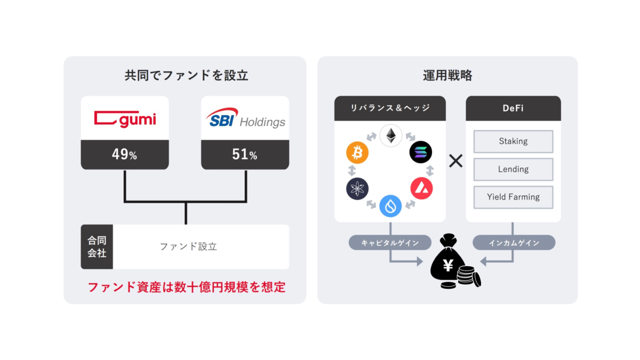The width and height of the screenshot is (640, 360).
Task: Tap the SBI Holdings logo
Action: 245,118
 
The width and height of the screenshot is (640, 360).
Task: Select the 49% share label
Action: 125,155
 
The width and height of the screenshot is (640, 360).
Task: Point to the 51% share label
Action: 245,155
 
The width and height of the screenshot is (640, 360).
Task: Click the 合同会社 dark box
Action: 97,247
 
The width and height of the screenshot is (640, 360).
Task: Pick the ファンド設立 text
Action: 189,247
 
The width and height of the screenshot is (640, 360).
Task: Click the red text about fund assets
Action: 186,287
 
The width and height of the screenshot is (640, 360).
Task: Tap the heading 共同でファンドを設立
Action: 186,75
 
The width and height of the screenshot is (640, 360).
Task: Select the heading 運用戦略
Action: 447,75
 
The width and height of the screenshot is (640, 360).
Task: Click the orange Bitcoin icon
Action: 357,153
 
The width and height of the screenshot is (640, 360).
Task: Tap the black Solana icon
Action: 421,152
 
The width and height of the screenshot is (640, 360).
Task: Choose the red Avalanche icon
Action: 421,189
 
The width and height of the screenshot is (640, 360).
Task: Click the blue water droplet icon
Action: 390,206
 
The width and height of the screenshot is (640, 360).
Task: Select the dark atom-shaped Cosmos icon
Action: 357,189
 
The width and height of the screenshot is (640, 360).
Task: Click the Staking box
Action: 513,141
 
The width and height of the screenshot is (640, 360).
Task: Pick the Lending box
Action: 513,169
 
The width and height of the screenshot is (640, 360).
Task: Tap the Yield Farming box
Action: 513,197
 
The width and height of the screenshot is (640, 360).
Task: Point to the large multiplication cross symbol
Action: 455,161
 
